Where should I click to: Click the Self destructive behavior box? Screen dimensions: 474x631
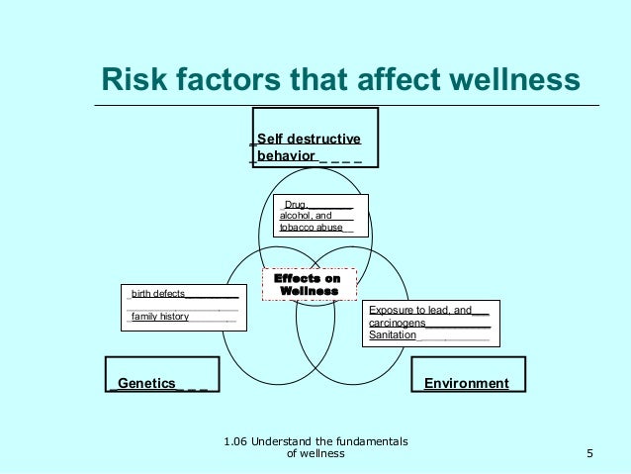point(315,137)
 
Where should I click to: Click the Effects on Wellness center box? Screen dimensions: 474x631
point(309,285)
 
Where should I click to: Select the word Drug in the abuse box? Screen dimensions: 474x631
point(296,205)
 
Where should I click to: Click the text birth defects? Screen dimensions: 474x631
point(158,294)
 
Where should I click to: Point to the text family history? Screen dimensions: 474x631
point(160,317)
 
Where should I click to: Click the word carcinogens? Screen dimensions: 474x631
point(398,323)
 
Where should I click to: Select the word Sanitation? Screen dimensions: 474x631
point(393,335)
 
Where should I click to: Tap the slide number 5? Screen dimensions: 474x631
point(589,454)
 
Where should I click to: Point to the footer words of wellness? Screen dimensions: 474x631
point(315,454)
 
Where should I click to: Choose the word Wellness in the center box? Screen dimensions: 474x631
point(309,292)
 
